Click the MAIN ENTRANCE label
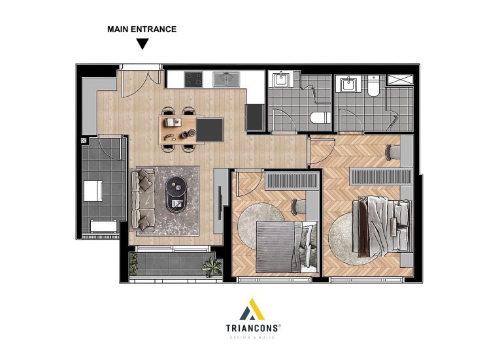pos(142,29)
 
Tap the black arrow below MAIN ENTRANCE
pos(142,44)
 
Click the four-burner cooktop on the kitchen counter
pos(193,79)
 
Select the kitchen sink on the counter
pos(226,79)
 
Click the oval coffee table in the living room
pos(176,195)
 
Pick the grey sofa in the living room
pos(143,200)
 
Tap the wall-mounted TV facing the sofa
pos(220,203)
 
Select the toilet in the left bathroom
pos(320,118)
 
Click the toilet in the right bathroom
pos(373,86)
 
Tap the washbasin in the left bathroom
pos(281,78)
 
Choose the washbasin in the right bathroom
pos(348,84)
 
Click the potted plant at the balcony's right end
pos(212,267)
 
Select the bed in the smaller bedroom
pos(287,247)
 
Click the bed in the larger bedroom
pos(382,226)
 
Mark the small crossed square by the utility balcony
pos(84,140)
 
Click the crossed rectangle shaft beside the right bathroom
pos(400,80)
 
